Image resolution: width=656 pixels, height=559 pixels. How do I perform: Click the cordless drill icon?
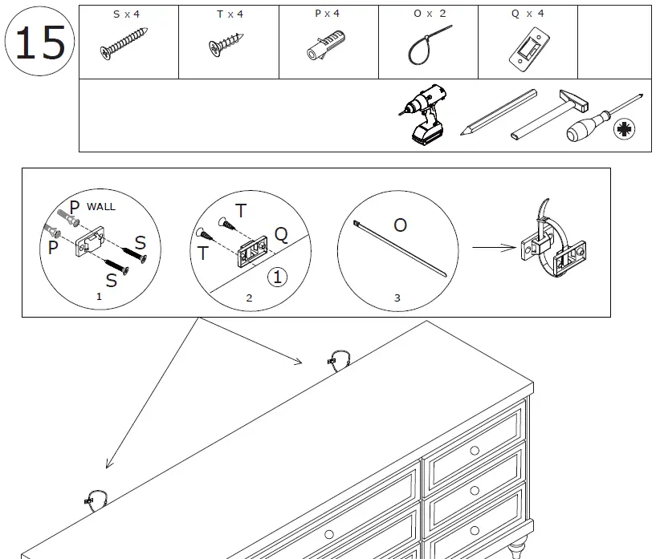click(x=422, y=115)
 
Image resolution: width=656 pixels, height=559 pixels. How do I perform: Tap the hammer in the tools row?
click(x=554, y=113)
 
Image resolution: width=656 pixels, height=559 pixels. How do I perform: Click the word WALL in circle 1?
click(x=101, y=206)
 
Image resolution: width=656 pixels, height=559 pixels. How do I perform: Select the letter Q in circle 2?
click(x=281, y=233)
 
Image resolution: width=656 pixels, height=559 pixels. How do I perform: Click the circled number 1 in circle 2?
click(x=276, y=277)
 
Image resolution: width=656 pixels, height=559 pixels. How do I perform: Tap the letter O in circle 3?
click(x=400, y=225)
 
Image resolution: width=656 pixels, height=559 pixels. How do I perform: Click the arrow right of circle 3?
click(x=493, y=248)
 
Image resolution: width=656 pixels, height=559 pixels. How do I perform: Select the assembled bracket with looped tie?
click(x=552, y=245)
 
